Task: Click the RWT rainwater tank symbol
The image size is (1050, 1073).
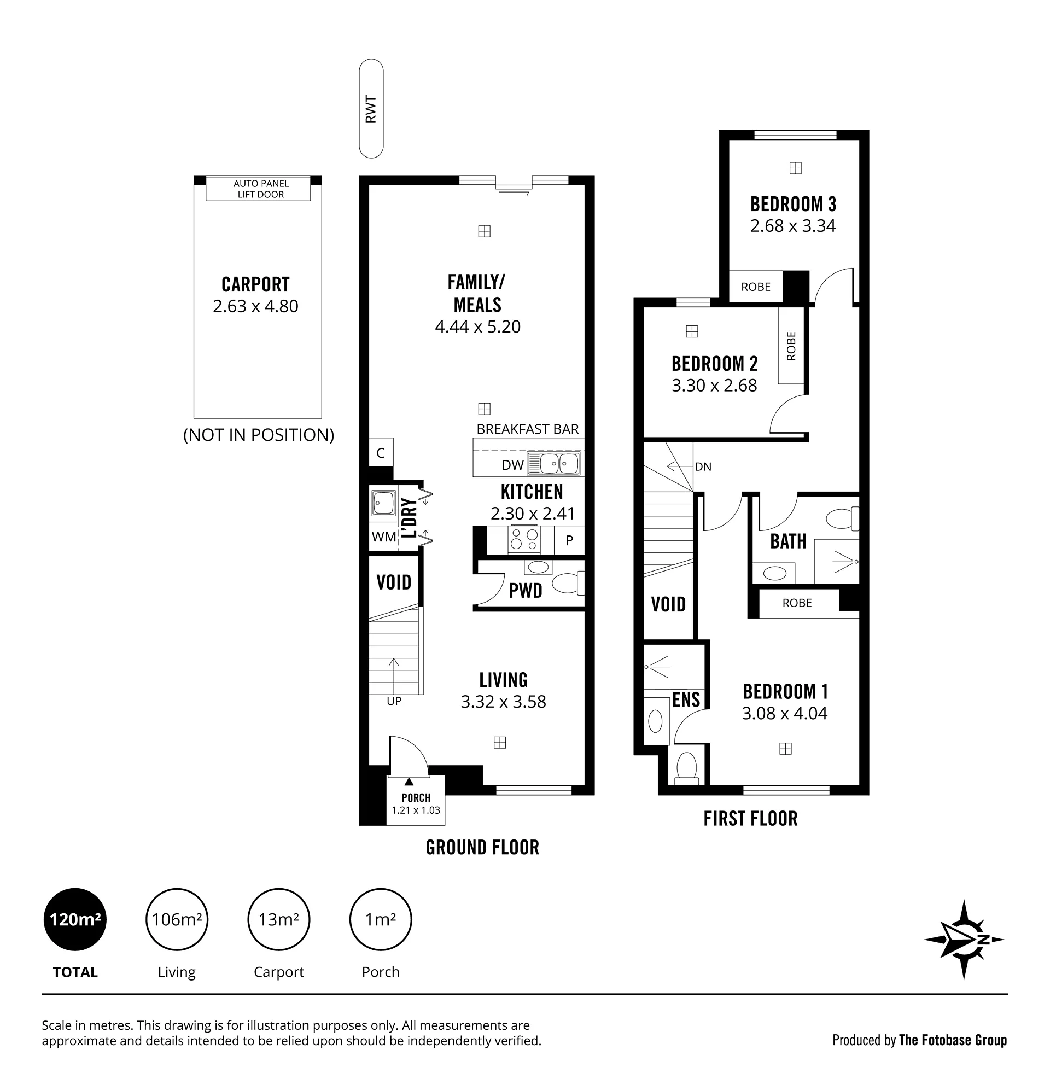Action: (371, 109)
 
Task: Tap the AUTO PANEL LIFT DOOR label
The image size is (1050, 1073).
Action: (261, 189)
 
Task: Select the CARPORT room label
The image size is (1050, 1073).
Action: (255, 284)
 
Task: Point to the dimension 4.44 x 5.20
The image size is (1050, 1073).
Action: (477, 326)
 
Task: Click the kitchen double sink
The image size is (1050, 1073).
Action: (553, 464)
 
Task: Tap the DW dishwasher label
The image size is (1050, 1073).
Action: (512, 465)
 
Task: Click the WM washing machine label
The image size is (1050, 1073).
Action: (384, 536)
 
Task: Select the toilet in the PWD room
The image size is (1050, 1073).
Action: (568, 583)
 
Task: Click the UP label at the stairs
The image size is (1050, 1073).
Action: (394, 701)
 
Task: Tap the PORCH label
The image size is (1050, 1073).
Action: (416, 798)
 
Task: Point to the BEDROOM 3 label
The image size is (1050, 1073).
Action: (793, 205)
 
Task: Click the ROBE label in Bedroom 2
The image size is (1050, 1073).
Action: (791, 346)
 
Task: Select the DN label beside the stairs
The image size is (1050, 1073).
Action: (703, 467)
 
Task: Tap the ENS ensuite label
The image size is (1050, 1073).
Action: (686, 700)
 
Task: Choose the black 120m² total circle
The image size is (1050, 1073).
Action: (75, 920)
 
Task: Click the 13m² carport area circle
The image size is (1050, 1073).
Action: (279, 920)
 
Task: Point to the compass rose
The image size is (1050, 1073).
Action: (964, 940)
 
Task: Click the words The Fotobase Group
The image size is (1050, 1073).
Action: (953, 1040)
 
